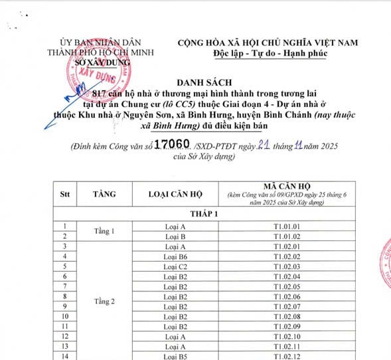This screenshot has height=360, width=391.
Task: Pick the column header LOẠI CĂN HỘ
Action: pos(175,194)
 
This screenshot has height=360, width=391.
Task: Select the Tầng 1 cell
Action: pos(104,231)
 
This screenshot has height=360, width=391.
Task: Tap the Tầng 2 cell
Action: pos(104,300)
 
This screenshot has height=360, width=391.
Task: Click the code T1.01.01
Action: pos(287,226)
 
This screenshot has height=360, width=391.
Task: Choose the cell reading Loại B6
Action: pos(175,256)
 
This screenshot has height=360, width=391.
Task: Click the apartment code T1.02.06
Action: pos(287,296)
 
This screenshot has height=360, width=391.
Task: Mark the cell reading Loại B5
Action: pos(175,356)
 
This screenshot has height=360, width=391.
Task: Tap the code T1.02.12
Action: pos(287,356)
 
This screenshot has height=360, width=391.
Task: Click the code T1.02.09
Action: pos(287,326)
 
